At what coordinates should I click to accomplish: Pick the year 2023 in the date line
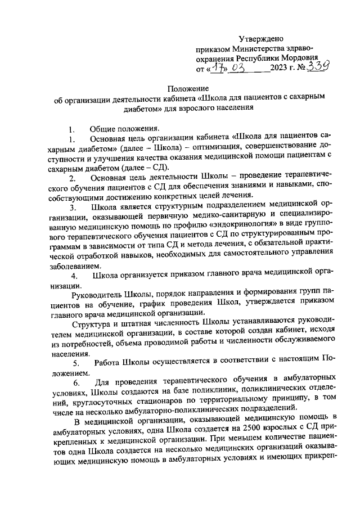(x=279, y=69)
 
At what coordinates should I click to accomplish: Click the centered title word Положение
(x=190, y=89)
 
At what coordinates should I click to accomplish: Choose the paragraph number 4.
(x=74, y=276)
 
